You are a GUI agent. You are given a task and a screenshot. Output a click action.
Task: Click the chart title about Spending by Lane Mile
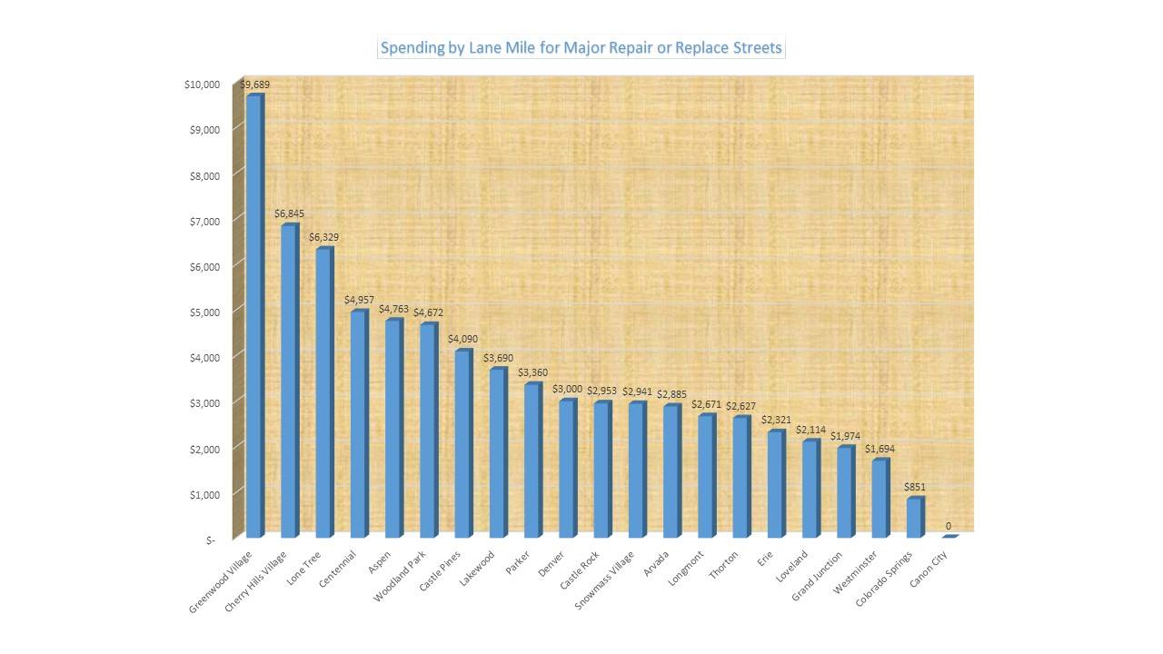581,47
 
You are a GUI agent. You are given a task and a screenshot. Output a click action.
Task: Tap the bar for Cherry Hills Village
288,381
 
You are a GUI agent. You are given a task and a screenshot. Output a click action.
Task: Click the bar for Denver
566,469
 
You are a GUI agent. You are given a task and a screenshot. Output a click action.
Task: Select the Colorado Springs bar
914,518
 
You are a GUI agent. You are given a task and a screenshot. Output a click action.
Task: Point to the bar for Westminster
879,499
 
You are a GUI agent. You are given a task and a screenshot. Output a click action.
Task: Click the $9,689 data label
254,84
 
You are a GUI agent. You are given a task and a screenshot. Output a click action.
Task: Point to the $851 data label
914,487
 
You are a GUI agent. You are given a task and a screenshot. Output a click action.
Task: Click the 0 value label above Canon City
949,526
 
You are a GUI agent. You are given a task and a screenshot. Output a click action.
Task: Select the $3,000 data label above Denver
567,389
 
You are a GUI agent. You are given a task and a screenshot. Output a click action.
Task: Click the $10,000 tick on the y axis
202,84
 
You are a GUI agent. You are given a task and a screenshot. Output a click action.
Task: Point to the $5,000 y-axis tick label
204,312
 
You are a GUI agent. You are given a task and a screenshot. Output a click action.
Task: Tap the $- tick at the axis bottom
211,539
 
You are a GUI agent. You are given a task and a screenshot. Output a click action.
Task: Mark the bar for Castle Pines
462,444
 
